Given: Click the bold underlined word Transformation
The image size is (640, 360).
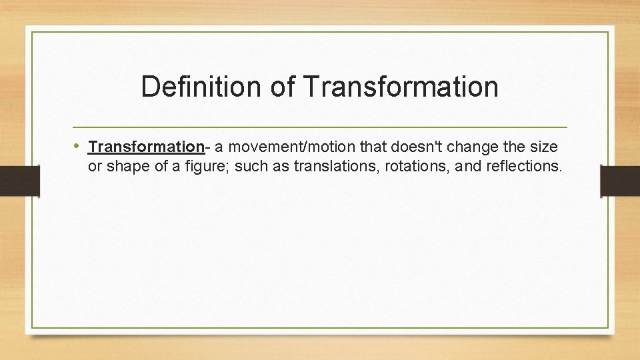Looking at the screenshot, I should point(145,146).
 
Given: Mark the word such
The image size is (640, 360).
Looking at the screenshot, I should point(250,166).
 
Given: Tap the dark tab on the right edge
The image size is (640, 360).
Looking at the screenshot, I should point(620,181).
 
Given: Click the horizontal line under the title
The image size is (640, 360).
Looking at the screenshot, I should point(320,127).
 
